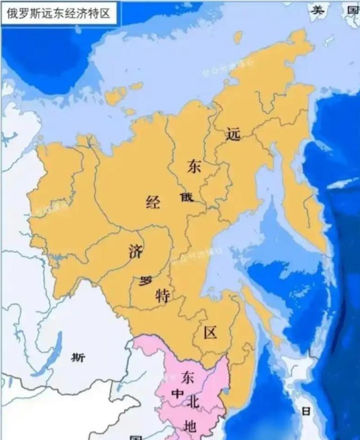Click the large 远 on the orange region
pyautogui.click(x=232, y=134)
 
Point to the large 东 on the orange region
pyautogui.click(x=194, y=167)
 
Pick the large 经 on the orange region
pyautogui.click(x=152, y=202)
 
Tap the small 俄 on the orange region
pyautogui.click(x=187, y=197)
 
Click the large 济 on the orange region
pyautogui.click(x=135, y=252)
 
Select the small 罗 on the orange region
pyautogui.click(x=146, y=281)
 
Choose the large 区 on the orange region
pyautogui.click(x=210, y=333)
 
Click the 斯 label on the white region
pyautogui.click(x=78, y=357)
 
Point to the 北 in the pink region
pyautogui.click(x=193, y=402)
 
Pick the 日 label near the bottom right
pyautogui.click(x=305, y=411)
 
